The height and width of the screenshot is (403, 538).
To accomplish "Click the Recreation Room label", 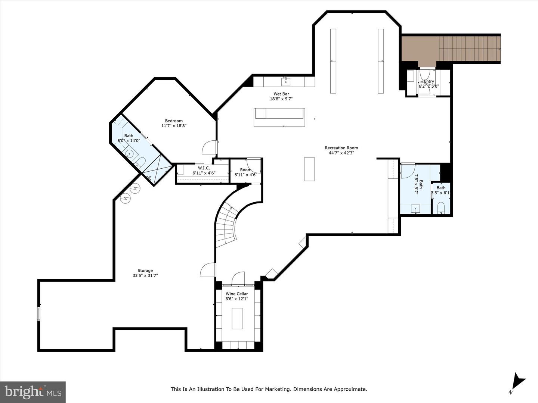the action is pyautogui.click(x=341, y=148).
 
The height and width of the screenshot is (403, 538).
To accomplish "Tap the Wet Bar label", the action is pyautogui.click(x=281, y=94).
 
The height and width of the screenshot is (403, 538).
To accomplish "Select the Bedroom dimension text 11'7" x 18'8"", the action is pyautogui.click(x=174, y=126).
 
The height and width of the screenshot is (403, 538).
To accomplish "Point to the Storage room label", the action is pyautogui.click(x=145, y=271).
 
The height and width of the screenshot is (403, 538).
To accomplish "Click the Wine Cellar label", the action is pyautogui.click(x=237, y=294).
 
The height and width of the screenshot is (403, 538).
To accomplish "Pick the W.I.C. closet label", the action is pyautogui.click(x=204, y=168).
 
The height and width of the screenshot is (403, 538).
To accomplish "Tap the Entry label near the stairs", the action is pyautogui.click(x=429, y=81).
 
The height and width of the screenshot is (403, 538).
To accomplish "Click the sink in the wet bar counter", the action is pyautogui.click(x=286, y=82).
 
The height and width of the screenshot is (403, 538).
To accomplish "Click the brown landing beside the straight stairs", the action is pyautogui.click(x=420, y=49).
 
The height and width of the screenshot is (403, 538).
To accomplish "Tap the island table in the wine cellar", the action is pyautogui.click(x=237, y=318).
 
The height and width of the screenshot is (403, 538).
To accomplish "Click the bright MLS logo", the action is pyautogui.click(x=33, y=391).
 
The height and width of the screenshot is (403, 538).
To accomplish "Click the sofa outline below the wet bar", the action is pyautogui.click(x=279, y=117).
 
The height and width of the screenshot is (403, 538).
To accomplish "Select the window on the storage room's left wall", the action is pyautogui.click(x=38, y=314).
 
